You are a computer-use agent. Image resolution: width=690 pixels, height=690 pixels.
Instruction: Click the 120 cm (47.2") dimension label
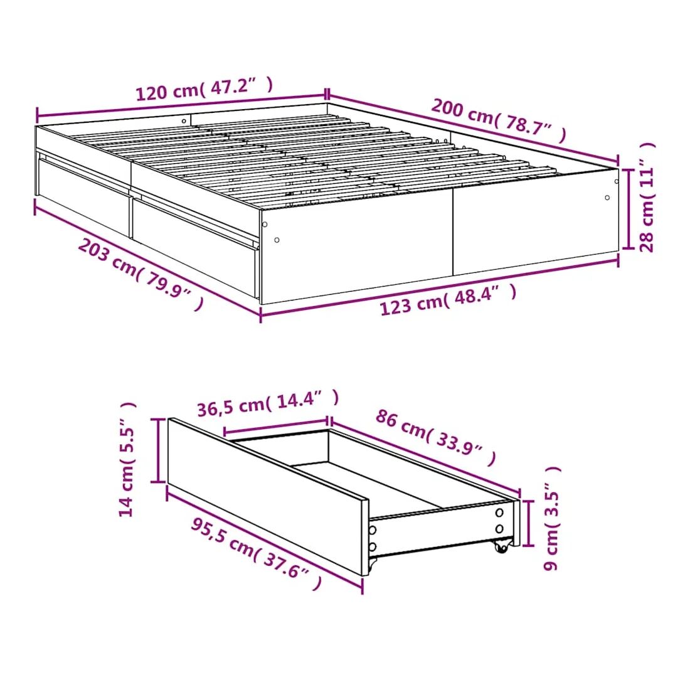coord(204,89)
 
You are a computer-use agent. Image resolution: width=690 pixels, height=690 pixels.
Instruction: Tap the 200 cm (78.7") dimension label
coord(499,120)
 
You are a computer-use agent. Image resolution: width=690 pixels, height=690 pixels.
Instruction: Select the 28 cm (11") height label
coord(647,197)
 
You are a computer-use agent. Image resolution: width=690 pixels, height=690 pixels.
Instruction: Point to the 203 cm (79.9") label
coord(141,273)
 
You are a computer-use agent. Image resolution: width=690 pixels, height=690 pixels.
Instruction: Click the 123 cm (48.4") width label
coord(448,300)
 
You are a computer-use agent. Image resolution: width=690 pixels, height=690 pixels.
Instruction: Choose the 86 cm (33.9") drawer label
coord(436,437)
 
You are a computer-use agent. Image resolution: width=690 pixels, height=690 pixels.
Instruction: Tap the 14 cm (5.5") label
coord(127,459)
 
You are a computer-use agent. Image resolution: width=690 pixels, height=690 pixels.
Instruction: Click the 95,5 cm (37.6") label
coord(257,553)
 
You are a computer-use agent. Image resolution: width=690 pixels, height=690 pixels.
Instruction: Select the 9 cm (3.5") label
coord(552,518)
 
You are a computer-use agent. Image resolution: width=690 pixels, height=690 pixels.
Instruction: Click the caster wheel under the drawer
coord(501,546)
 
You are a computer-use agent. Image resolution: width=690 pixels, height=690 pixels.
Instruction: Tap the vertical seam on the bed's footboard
coord(453,231)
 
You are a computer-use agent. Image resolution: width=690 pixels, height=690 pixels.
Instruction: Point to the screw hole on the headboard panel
coord(184,121)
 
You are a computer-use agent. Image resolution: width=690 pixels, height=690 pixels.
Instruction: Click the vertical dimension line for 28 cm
coord(628,209)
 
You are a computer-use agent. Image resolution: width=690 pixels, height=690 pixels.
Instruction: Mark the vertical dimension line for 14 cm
coord(157,450)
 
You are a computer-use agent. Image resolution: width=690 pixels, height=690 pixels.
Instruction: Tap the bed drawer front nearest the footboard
coord(195,245)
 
